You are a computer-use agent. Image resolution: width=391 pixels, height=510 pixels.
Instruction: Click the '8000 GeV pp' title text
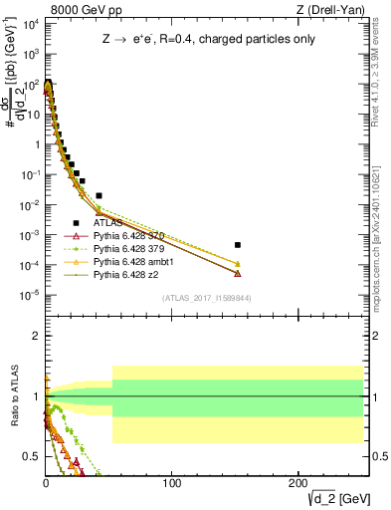click(x=80, y=9)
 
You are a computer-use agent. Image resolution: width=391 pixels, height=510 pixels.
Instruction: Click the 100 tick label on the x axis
click(x=172, y=481)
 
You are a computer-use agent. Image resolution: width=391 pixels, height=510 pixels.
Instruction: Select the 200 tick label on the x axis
click(x=298, y=481)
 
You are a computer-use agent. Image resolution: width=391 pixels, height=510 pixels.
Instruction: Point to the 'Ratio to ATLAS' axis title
click(x=14, y=397)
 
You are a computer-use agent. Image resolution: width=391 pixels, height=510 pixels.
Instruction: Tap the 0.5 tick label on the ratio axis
click(x=33, y=456)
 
